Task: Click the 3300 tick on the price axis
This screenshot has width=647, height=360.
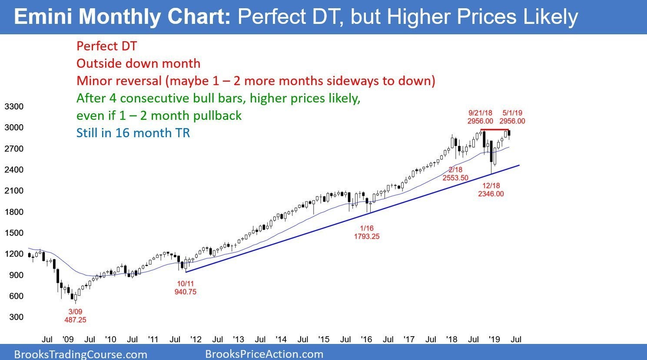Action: [x=14, y=106]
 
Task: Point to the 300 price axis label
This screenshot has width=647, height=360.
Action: [x=16, y=317]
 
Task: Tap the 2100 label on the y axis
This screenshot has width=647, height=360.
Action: [x=14, y=191]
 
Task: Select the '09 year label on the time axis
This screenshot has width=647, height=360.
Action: [x=68, y=339]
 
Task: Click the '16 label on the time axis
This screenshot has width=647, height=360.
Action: [x=367, y=339]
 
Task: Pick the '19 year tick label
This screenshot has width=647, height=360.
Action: [x=494, y=339]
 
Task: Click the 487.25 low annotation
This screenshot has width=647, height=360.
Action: [x=75, y=320]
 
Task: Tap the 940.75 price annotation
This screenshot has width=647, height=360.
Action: [x=186, y=292]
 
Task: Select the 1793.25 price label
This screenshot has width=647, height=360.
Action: [x=367, y=236]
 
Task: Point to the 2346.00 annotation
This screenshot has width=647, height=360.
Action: [x=491, y=194]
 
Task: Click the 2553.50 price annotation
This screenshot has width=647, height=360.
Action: [x=455, y=178]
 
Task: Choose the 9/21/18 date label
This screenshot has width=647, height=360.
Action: [x=480, y=113]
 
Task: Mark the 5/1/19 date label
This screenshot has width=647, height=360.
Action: [x=512, y=113]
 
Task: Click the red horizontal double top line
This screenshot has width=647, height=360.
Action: [x=494, y=129]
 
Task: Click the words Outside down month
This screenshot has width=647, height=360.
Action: [x=138, y=63]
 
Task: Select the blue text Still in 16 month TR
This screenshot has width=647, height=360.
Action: [x=133, y=133]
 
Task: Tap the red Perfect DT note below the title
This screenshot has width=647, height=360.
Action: [x=106, y=46]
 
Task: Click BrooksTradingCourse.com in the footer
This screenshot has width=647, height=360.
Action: [x=80, y=354]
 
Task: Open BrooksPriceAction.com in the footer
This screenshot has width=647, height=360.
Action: [x=264, y=354]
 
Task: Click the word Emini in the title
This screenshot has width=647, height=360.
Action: [x=43, y=17]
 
